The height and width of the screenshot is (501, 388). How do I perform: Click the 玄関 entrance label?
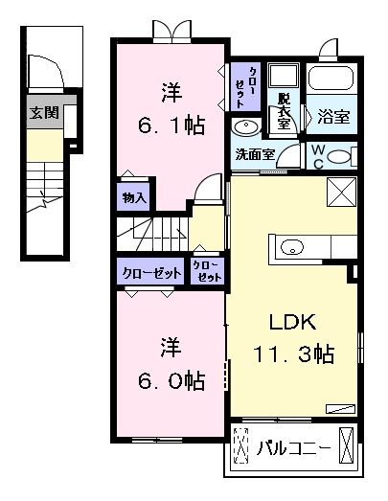pyautogui.click(x=44, y=113)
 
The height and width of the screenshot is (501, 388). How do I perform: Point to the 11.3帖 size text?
pyautogui.click(x=294, y=354)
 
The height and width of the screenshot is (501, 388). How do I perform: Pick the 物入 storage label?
pyautogui.click(x=134, y=198)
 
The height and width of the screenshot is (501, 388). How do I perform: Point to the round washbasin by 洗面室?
pyautogui.click(x=244, y=127)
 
